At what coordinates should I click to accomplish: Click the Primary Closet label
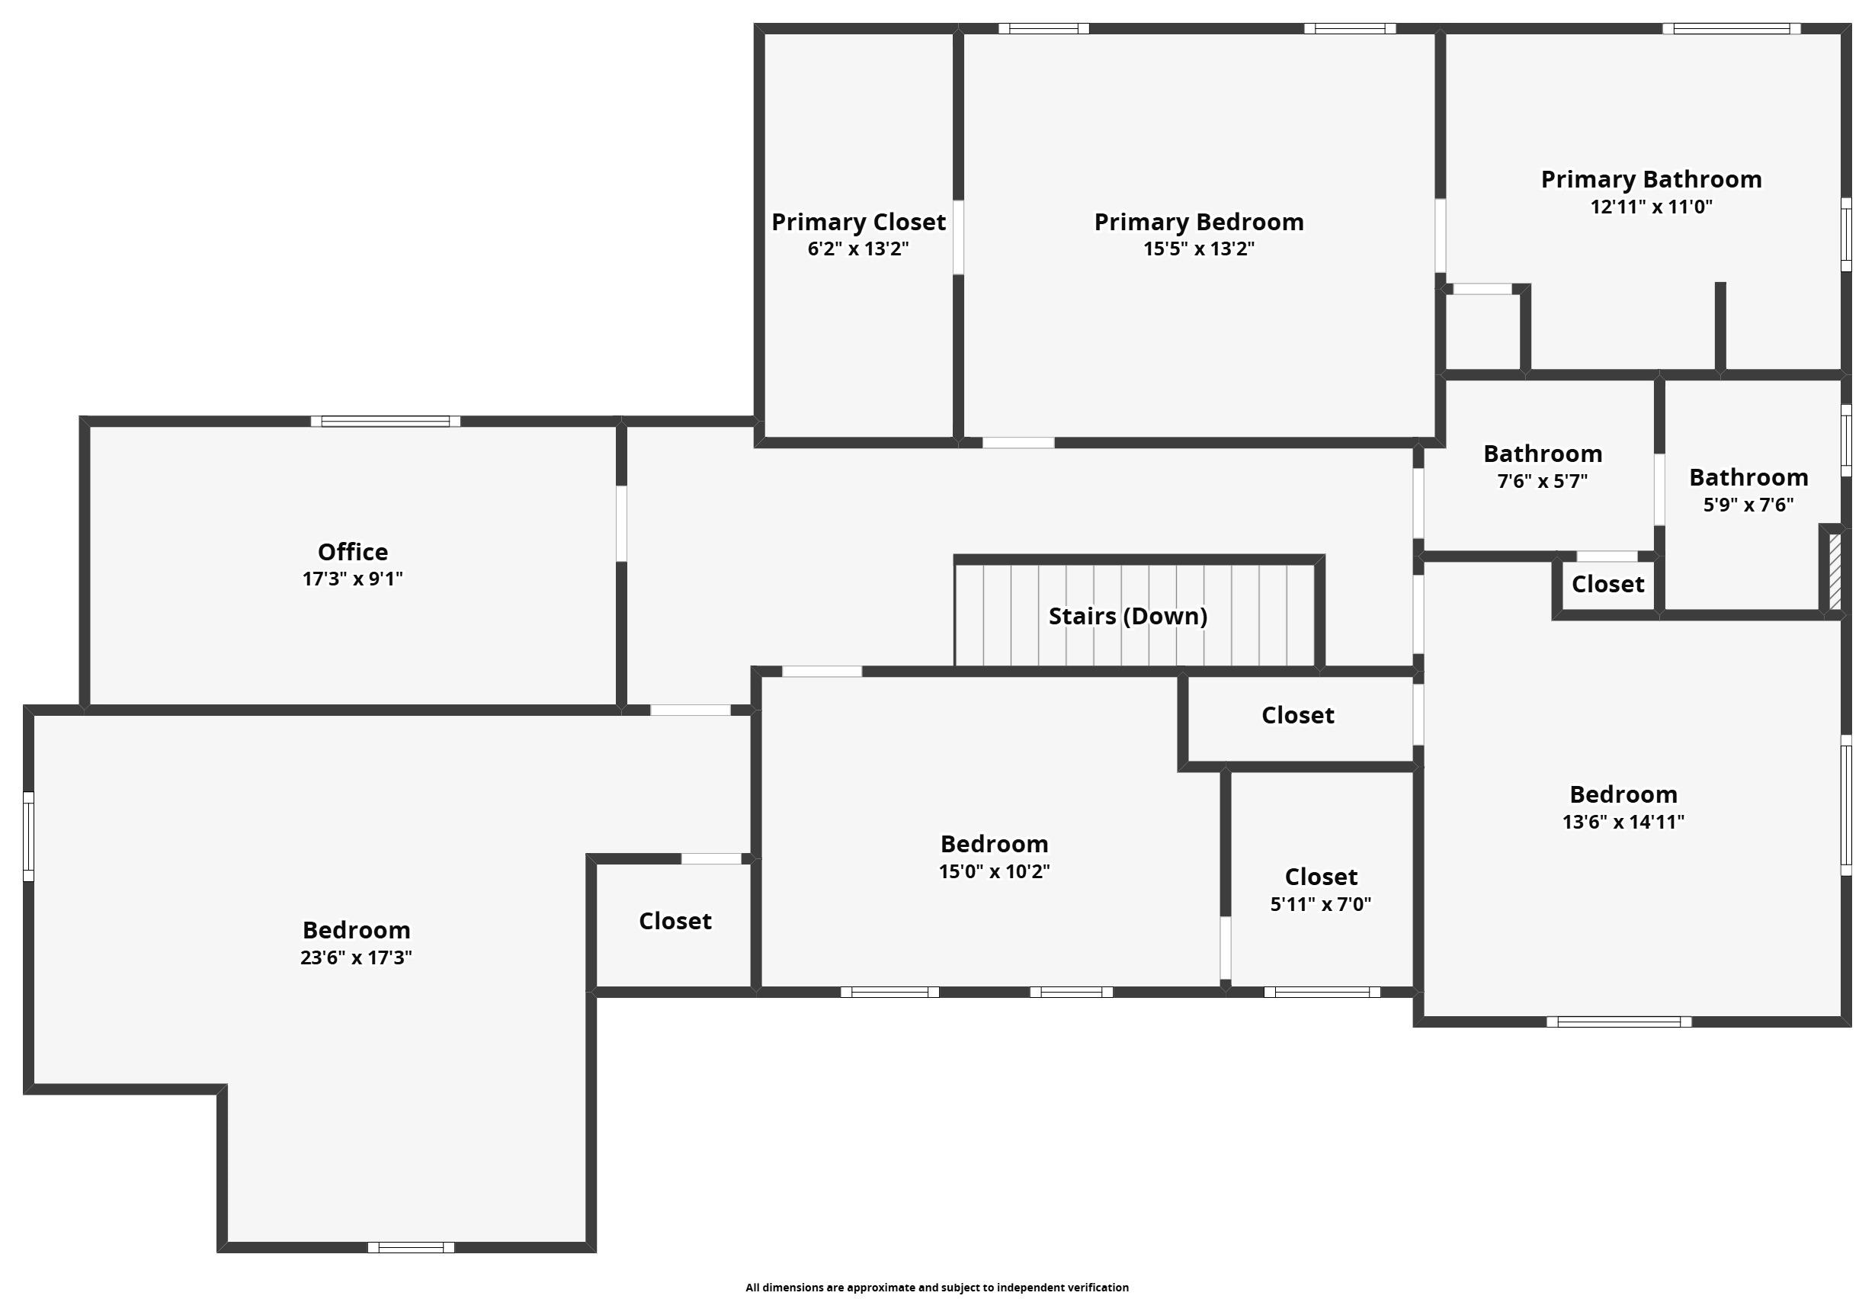(x=857, y=221)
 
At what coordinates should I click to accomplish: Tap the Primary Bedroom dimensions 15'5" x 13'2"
(x=1198, y=249)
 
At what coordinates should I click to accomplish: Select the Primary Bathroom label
(x=1650, y=179)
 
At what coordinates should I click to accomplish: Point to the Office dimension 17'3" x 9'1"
(x=352, y=579)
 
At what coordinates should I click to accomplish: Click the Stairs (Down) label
(x=1127, y=616)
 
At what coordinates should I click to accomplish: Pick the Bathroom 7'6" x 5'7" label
(x=1542, y=454)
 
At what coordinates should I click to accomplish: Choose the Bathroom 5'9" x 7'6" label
(x=1748, y=477)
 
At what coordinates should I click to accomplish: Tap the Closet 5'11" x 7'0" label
(x=1320, y=877)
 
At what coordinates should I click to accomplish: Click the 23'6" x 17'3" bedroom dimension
(x=356, y=957)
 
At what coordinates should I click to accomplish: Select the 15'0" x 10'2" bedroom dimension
(x=994, y=871)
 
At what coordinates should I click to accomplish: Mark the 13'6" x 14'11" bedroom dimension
(x=1623, y=821)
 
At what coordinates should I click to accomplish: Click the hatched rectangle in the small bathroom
(x=1835, y=569)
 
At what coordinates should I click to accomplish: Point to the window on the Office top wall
(x=385, y=421)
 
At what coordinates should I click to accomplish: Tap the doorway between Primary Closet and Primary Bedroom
(x=958, y=237)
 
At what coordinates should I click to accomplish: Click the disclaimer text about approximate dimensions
(x=937, y=1287)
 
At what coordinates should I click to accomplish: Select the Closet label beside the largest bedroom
(x=675, y=921)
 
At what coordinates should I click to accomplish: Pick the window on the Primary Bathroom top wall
(x=1731, y=28)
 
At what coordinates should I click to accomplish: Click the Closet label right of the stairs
(x=1297, y=714)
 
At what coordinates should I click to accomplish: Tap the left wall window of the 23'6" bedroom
(x=28, y=836)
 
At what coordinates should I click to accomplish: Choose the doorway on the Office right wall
(x=621, y=524)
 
